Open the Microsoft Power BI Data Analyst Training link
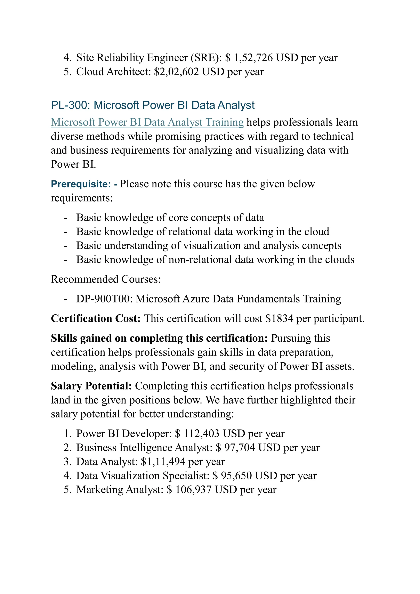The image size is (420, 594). (x=147, y=122)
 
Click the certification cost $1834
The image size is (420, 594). (x=279, y=318)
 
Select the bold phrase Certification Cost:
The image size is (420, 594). (x=96, y=318)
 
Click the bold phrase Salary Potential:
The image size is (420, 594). (x=91, y=386)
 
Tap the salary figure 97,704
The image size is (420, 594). (x=240, y=448)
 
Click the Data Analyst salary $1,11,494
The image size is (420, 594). (x=163, y=462)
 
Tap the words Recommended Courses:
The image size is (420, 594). (x=106, y=279)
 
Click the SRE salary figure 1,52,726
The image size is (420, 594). (x=253, y=58)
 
